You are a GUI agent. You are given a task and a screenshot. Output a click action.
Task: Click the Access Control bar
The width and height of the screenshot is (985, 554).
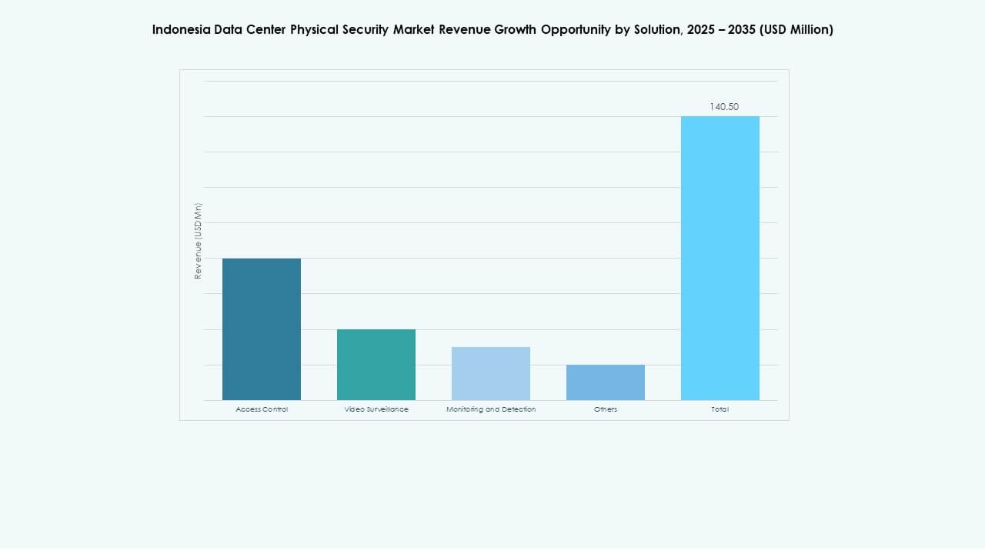(262, 329)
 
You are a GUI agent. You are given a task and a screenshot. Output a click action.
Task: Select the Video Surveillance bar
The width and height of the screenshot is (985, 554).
(376, 365)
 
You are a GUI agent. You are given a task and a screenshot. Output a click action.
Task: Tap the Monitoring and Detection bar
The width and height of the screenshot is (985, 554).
(491, 373)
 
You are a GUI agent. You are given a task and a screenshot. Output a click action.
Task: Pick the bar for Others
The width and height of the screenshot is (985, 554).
(606, 382)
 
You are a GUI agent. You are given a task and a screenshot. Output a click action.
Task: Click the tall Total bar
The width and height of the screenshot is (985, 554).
(720, 258)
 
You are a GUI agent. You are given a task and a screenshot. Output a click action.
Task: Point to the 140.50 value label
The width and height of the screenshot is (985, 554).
(724, 107)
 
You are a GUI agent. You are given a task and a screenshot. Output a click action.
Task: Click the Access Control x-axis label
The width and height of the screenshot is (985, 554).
(262, 409)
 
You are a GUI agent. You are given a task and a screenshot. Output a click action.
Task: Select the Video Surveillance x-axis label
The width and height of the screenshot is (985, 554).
(376, 409)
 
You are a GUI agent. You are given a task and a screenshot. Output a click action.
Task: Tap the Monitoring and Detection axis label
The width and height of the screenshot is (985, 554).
(491, 409)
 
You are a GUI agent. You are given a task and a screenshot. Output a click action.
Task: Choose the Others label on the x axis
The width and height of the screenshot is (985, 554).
(606, 409)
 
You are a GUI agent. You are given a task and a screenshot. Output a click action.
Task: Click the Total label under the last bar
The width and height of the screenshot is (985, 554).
(720, 409)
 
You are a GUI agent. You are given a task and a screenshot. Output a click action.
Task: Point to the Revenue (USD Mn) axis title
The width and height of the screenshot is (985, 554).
(198, 241)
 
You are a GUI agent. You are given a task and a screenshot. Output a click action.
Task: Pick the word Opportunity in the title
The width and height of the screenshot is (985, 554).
(576, 30)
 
